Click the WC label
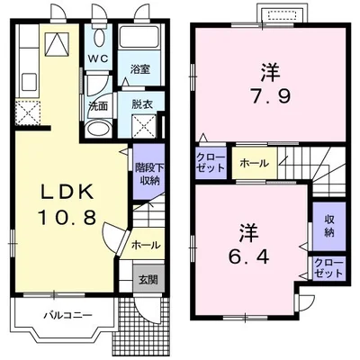[x=97, y=58]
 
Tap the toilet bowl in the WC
[x=99, y=38]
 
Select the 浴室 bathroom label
[x=139, y=69]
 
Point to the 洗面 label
[x=98, y=106]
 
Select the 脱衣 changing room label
[x=142, y=104]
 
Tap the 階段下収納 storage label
[x=149, y=175]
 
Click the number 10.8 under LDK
[x=67, y=217]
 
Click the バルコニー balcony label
[x=68, y=316]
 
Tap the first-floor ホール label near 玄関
[x=146, y=245]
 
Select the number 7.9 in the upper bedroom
[x=270, y=96]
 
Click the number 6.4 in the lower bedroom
[x=248, y=256]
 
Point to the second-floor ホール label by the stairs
[x=254, y=164]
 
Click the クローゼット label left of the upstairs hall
[x=211, y=163]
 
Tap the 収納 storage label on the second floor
[x=329, y=226]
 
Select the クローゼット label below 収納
[x=328, y=268]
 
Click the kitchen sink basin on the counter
[x=29, y=82]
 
